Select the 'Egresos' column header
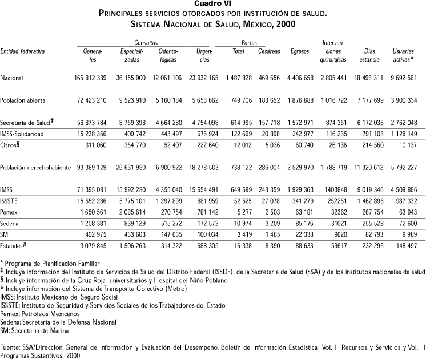tap(299, 51)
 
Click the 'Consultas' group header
tap(146, 43)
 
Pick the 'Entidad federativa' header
tap(22, 51)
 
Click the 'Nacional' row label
tap(12, 78)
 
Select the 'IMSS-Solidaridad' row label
tap(24, 134)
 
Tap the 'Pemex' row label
tap(10, 195)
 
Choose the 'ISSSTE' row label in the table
tap(11, 184)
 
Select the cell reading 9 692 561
tap(400, 78)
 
